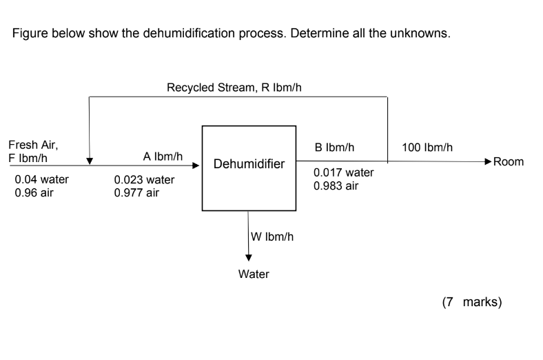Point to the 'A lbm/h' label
[163, 157]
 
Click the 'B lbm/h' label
[334, 148]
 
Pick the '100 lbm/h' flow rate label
[427, 148]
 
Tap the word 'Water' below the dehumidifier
[254, 274]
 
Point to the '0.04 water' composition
[41, 180]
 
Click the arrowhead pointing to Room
[488, 162]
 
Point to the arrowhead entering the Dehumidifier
[197, 166]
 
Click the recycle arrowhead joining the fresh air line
[90, 161]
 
